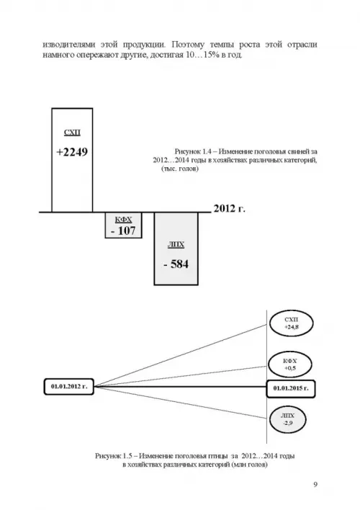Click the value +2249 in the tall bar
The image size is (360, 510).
(x=72, y=152)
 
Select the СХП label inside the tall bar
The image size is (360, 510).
(x=72, y=133)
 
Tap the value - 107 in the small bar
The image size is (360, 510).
(x=123, y=231)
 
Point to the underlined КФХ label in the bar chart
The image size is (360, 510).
(x=123, y=220)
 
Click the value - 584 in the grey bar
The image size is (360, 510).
(x=176, y=264)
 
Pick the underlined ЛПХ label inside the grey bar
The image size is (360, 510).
(x=176, y=245)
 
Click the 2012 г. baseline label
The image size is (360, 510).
(x=229, y=208)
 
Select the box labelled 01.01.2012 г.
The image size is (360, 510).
(x=69, y=387)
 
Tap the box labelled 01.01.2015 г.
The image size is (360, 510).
(x=291, y=388)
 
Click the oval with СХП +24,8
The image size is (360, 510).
(x=291, y=323)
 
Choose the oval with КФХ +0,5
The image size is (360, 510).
(x=289, y=364)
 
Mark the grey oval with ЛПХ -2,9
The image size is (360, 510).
(x=288, y=419)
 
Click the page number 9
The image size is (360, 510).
(x=315, y=485)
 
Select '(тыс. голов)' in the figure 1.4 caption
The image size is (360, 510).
(x=179, y=169)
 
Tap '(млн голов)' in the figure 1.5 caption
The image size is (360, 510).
(x=249, y=465)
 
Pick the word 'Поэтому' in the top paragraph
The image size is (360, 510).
(x=188, y=44)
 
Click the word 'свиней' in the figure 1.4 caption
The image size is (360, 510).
(x=298, y=151)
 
